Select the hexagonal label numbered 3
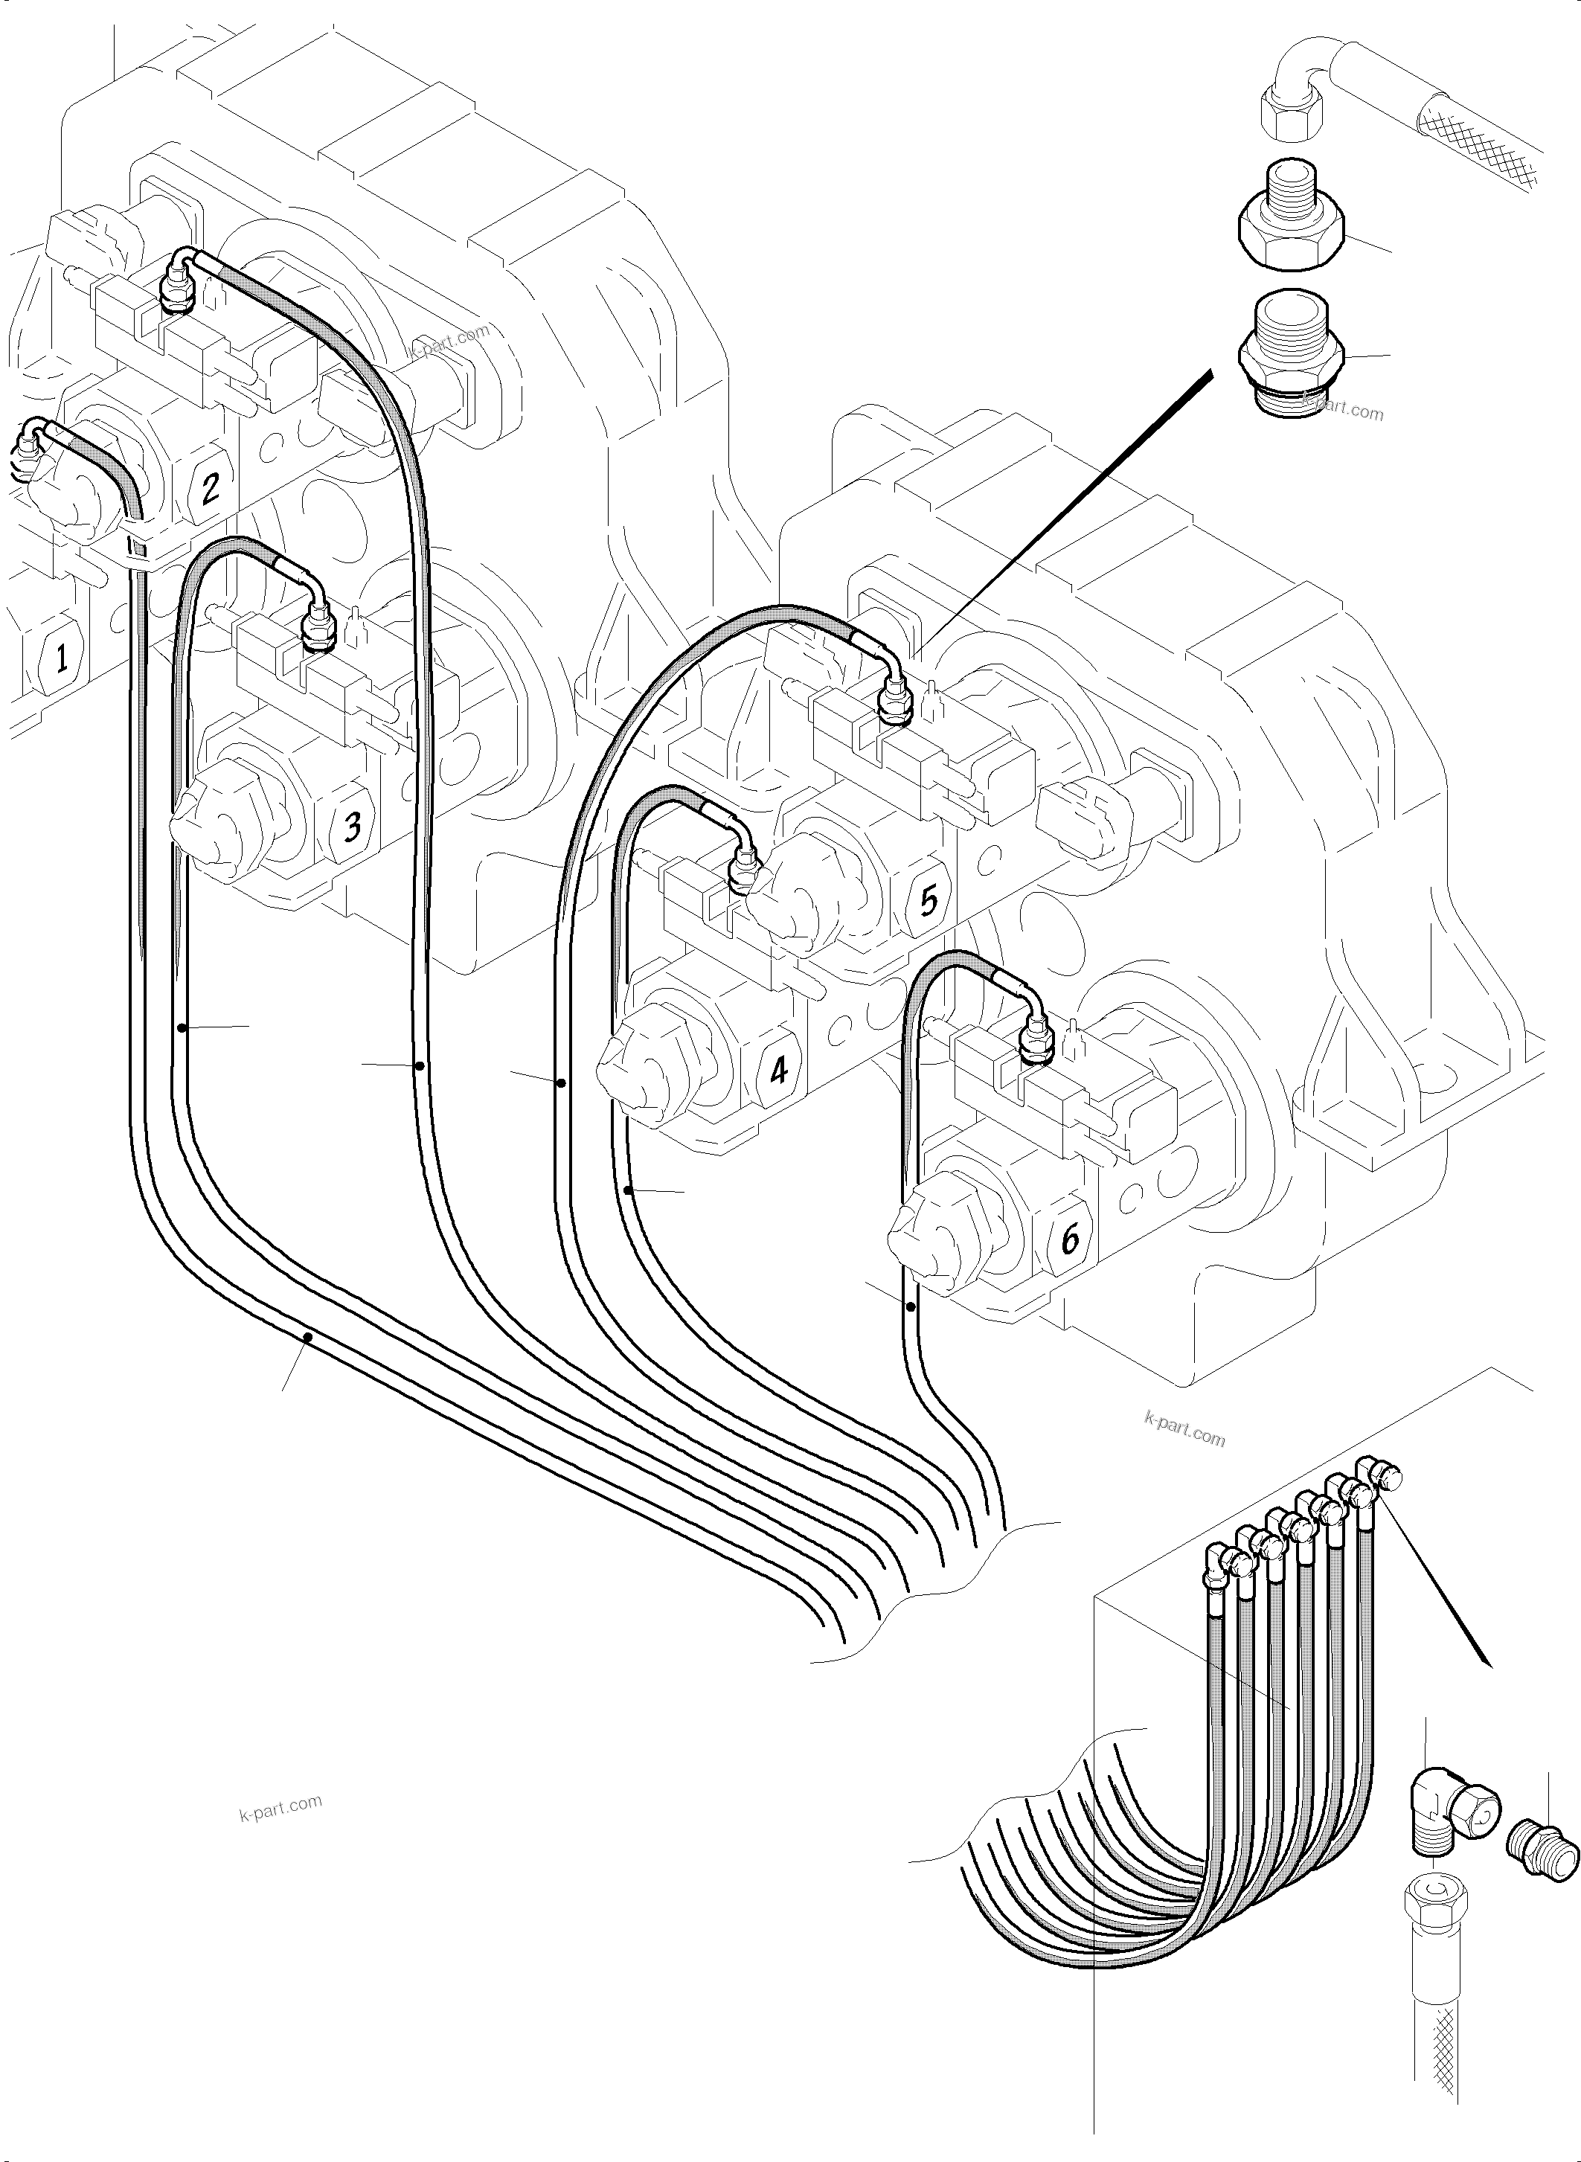(x=352, y=825)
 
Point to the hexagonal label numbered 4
(x=779, y=1069)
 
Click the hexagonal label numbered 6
(x=1070, y=1239)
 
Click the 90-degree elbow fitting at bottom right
(x=1447, y=1809)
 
